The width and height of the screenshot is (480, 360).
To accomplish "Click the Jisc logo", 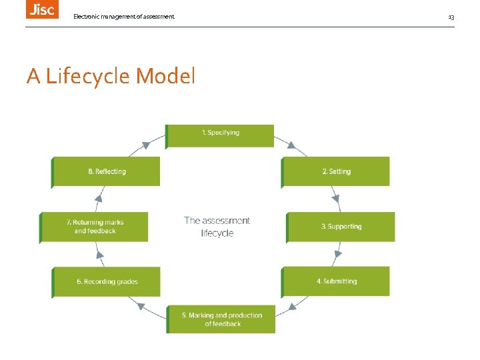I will (42, 9).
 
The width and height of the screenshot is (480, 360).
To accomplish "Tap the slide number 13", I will (451, 17).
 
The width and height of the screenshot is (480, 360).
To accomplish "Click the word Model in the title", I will (165, 77).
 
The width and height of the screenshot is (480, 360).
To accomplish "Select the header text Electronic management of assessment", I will (124, 16).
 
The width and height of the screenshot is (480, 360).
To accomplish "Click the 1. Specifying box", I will (220, 135).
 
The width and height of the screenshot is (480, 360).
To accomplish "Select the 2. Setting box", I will (336, 171).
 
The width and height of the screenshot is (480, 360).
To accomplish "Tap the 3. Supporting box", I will (341, 227).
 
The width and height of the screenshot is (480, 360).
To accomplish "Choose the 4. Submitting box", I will (336, 281).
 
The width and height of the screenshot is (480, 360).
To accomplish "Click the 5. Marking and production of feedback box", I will (221, 319).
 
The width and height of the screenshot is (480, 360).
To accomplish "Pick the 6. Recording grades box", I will (107, 281).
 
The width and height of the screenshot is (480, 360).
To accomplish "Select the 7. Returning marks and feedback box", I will (94, 227).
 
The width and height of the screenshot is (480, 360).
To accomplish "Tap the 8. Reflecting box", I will (107, 171).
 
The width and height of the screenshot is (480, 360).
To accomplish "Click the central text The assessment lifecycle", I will (217, 227).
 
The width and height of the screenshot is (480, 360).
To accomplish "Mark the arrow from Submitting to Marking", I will (292, 307).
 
